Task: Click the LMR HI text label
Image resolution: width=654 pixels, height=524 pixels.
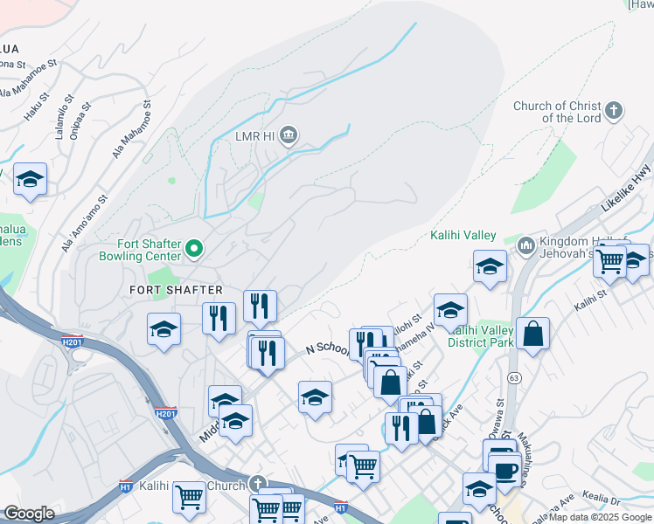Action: click(254, 136)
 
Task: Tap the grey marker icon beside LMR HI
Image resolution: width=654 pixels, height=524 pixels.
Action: click(290, 136)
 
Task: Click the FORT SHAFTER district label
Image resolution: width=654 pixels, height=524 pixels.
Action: click(176, 289)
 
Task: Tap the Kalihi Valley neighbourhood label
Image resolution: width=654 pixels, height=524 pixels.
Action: click(463, 236)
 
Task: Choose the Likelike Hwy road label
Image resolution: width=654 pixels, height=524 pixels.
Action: click(626, 190)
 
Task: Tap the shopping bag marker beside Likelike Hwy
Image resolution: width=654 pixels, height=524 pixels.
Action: click(532, 334)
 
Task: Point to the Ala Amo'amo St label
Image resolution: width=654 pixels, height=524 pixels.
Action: click(84, 224)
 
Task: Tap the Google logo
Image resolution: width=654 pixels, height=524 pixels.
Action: click(29, 514)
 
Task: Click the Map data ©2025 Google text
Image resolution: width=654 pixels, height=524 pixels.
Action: click(601, 518)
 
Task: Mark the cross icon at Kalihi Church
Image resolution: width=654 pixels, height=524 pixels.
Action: click(257, 483)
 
